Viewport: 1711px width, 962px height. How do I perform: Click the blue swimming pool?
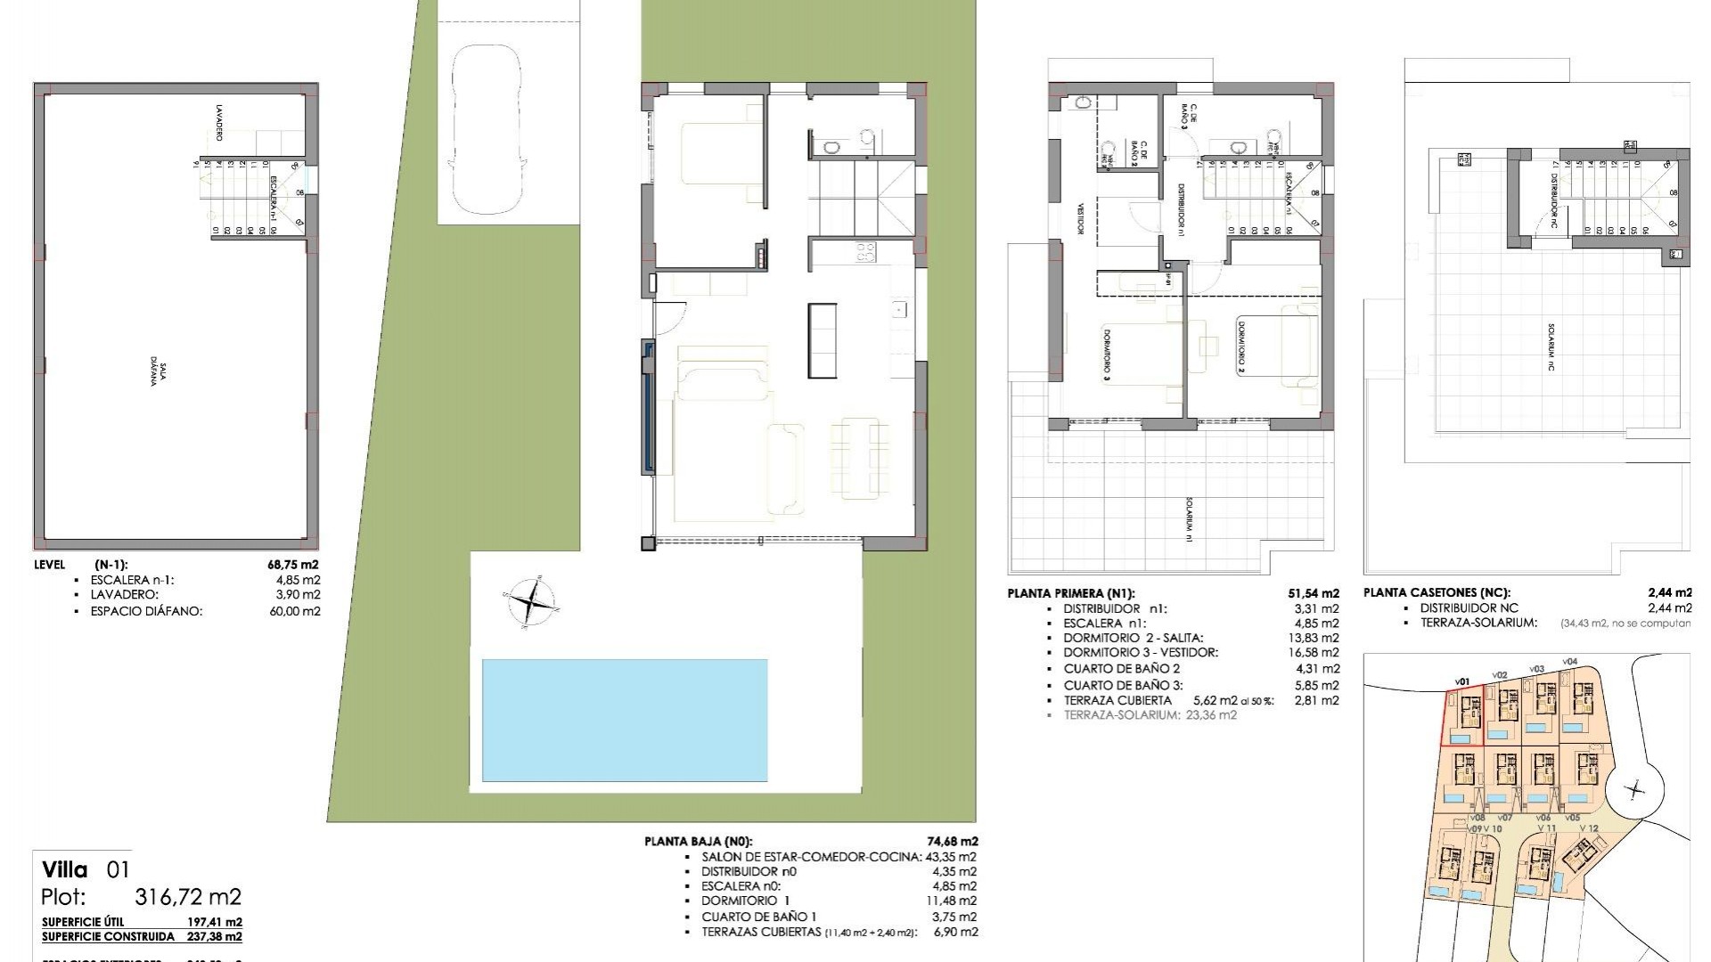(x=624, y=720)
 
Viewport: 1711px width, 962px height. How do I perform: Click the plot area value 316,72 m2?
(x=188, y=897)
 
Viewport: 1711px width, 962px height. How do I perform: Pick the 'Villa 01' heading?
(x=86, y=869)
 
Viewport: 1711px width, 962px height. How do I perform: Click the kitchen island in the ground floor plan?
(x=823, y=339)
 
